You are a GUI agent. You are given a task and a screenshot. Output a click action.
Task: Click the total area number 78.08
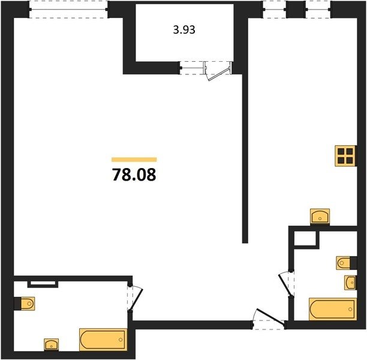[134, 175]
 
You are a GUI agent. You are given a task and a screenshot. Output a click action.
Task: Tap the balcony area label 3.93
[184, 30]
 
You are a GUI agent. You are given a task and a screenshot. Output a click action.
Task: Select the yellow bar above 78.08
[134, 160]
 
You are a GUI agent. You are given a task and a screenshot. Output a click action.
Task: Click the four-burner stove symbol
[345, 156]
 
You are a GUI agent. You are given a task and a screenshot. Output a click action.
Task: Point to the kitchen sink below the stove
[320, 216]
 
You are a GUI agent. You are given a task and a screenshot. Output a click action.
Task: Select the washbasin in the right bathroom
[350, 283]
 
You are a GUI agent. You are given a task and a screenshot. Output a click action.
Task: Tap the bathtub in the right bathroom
[333, 309]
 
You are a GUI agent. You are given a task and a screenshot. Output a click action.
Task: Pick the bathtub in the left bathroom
[103, 340]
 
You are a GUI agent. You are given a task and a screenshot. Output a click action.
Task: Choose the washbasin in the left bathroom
[51, 344]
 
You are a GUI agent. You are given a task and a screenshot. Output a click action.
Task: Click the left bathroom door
[136, 299]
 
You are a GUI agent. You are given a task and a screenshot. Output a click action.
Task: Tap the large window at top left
[68, 10]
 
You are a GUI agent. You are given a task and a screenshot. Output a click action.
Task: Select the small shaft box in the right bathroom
[305, 239]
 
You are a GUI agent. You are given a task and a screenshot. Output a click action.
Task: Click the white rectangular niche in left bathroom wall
[43, 283]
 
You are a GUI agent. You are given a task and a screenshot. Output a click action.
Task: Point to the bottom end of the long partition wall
[245, 242]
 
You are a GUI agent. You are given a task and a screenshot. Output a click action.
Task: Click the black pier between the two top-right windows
[296, 10]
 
